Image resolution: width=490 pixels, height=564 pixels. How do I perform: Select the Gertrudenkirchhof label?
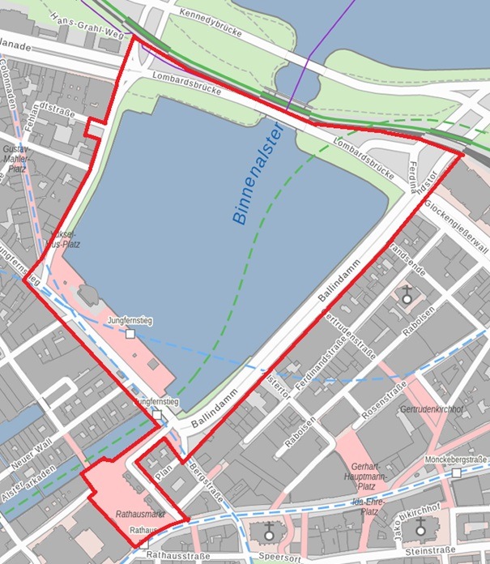click(x=431, y=409)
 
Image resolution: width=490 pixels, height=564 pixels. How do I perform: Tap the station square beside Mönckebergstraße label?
click(x=457, y=472)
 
